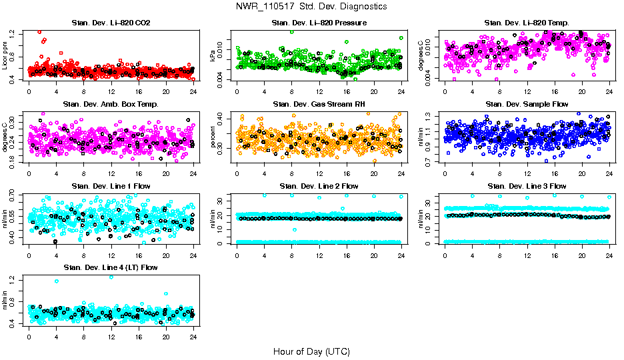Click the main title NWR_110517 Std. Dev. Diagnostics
pos(311,7)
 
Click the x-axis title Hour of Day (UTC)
pos(311,351)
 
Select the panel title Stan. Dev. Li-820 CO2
pos(110,23)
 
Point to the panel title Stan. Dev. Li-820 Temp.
pos(526,23)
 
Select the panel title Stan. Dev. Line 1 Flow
pos(110,185)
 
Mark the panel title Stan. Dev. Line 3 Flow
pos(526,185)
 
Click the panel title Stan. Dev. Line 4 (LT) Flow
pos(110,267)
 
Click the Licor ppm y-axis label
pos(5,55)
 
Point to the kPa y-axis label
pos(213,55)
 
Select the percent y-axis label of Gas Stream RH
pos(213,137)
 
